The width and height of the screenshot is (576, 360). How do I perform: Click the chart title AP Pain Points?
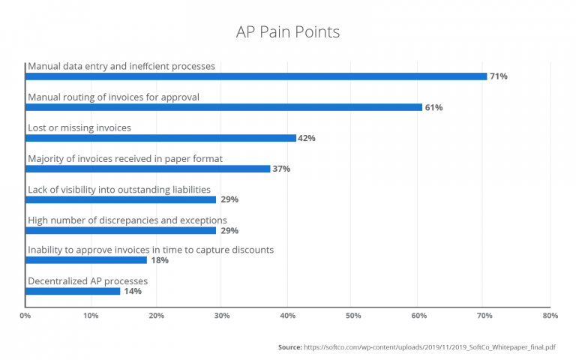(288, 32)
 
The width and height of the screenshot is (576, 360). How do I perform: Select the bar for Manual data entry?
(256, 76)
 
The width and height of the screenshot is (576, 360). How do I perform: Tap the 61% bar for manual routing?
(223, 107)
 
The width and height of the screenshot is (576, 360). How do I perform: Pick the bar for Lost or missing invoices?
(161, 138)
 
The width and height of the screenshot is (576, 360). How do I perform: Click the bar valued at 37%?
(148, 169)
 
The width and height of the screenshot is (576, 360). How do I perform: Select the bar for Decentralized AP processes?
(73, 291)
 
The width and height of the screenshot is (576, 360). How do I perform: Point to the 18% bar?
(86, 260)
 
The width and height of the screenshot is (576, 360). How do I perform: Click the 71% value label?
(499, 76)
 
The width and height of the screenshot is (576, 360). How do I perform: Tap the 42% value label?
(306, 138)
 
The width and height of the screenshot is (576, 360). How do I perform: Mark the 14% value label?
(133, 291)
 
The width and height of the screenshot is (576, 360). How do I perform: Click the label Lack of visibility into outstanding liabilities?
(119, 189)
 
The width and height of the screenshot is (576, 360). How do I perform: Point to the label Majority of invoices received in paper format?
(125, 158)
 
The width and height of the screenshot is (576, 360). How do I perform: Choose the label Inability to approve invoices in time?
(151, 250)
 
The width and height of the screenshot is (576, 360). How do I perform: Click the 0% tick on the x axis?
(25, 316)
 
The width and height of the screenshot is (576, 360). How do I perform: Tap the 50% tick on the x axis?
(353, 316)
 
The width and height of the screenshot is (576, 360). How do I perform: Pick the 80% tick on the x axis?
(550, 316)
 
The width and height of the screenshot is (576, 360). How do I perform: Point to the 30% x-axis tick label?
(222, 316)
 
